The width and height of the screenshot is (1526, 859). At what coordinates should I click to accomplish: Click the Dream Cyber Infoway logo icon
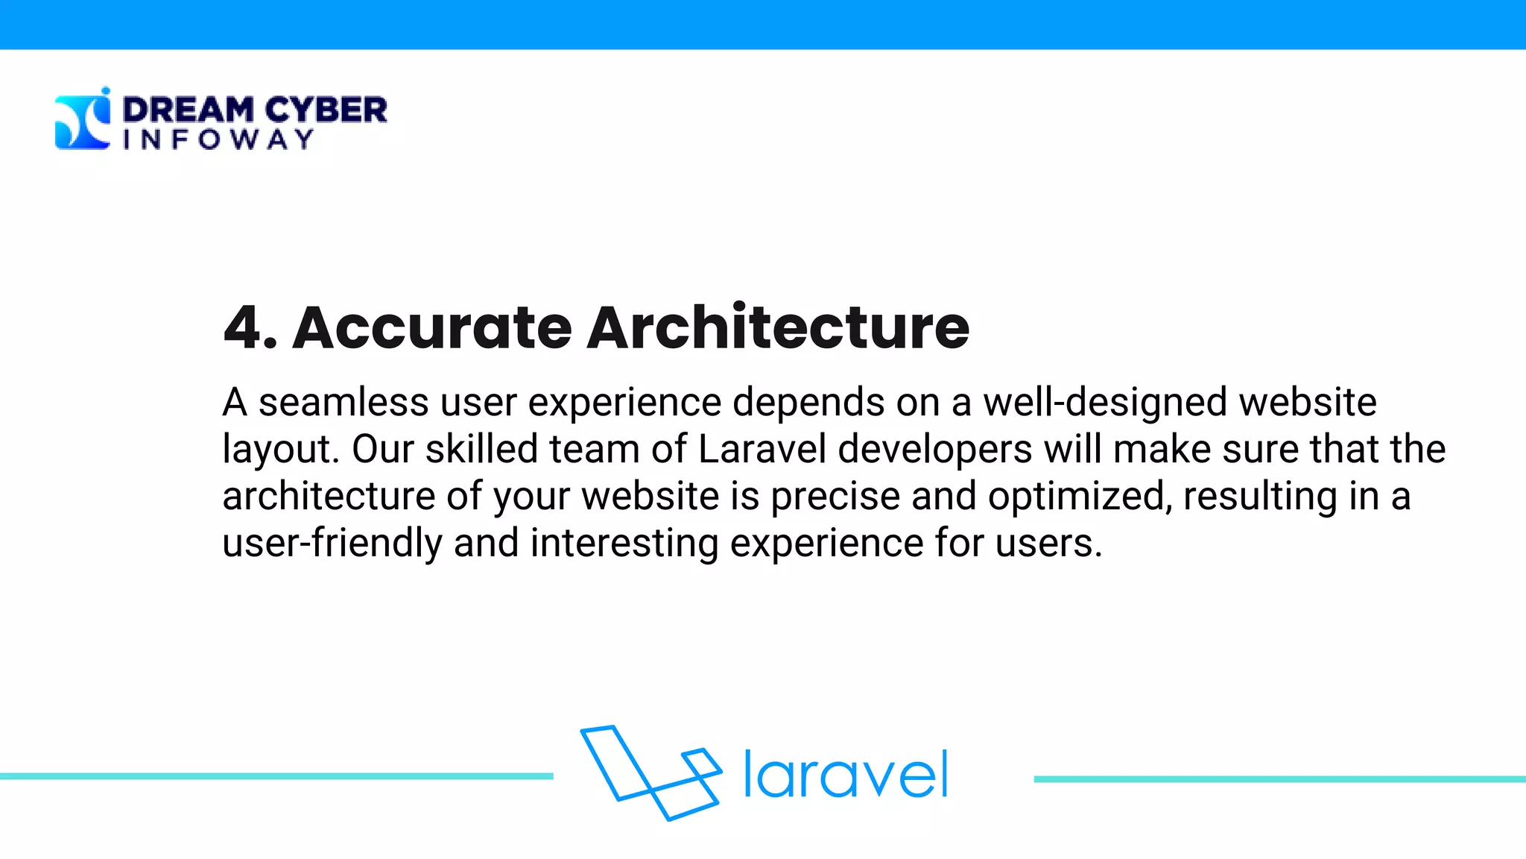tap(82, 119)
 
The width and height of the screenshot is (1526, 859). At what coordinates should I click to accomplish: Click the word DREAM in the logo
tap(188, 110)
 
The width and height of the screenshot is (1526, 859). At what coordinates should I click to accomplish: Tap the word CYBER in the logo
tap(326, 110)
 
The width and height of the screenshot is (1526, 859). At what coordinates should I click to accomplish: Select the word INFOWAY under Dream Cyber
tap(218, 139)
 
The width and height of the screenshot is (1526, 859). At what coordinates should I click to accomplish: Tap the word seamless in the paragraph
tap(343, 402)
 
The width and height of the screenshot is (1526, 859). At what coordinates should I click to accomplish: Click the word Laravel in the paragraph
tap(762, 449)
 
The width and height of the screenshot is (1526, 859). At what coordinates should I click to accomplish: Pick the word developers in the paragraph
tap(935, 449)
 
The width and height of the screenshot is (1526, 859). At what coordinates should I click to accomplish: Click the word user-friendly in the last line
tap(332, 542)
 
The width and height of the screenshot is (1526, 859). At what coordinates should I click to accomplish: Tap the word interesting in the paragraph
tap(624, 542)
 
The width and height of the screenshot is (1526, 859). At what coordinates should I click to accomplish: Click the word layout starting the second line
tap(281, 449)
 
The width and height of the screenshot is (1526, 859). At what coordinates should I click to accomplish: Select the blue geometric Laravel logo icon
tap(650, 773)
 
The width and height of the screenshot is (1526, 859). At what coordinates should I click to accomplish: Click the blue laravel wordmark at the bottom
tap(846, 775)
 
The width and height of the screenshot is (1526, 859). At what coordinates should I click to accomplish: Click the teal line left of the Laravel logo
tap(276, 776)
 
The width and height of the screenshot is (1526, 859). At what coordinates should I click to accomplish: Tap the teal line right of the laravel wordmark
tap(1279, 779)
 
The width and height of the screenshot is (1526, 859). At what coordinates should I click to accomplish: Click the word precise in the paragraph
tap(835, 496)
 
